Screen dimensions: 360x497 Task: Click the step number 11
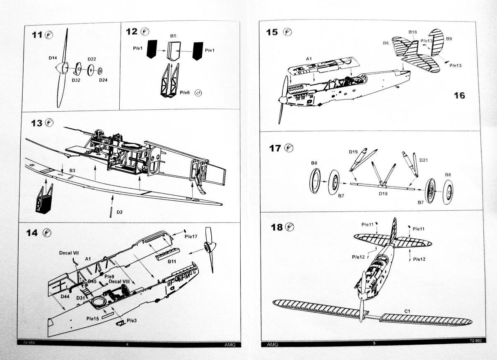tap(37, 35)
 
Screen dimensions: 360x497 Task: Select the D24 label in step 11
tap(103, 80)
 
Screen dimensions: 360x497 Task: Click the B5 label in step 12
tap(173, 36)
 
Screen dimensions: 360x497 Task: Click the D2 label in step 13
tap(119, 212)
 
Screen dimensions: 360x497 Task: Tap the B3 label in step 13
tap(72, 170)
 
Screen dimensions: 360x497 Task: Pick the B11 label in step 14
tap(172, 262)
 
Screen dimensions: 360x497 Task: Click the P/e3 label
tap(131, 320)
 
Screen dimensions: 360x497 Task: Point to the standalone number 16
tap(459, 96)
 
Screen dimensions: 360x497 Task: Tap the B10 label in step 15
tap(413, 32)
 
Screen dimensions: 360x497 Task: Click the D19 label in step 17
tap(353, 152)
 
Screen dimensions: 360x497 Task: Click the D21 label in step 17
tap(424, 160)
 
